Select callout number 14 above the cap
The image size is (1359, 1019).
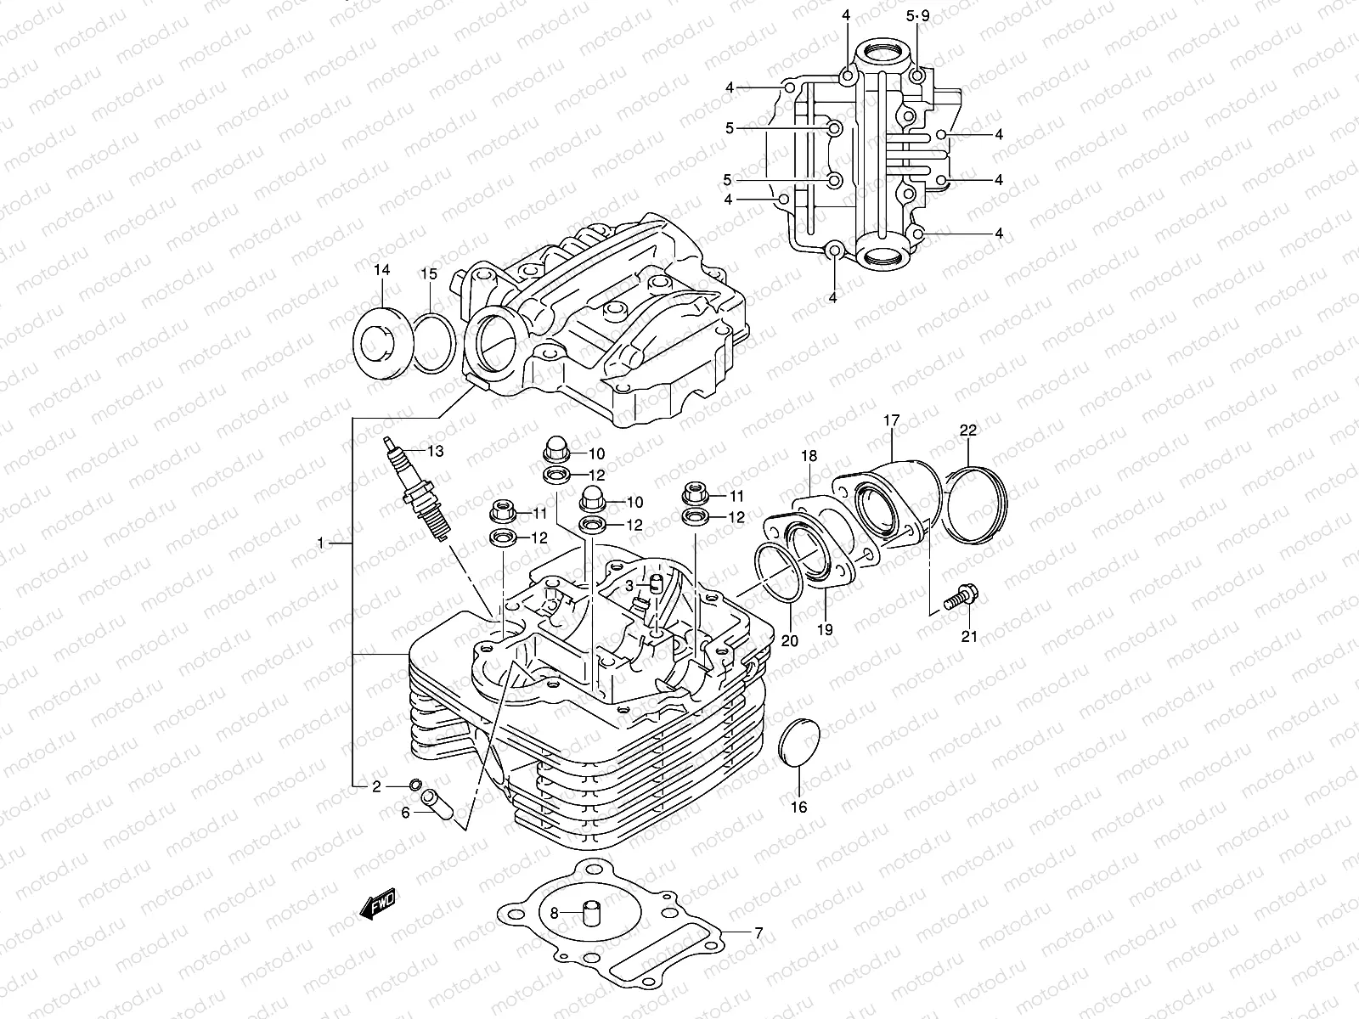(x=381, y=270)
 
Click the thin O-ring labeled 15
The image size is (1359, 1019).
(x=434, y=342)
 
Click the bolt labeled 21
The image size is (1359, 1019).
(x=961, y=595)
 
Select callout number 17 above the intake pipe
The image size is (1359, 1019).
(x=891, y=420)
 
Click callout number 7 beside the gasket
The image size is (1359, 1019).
(x=758, y=932)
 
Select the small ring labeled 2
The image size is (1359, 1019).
(x=415, y=783)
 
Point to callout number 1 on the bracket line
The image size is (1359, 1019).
(x=320, y=542)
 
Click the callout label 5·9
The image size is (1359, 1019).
(x=918, y=16)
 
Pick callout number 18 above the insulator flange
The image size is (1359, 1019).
(x=809, y=457)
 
